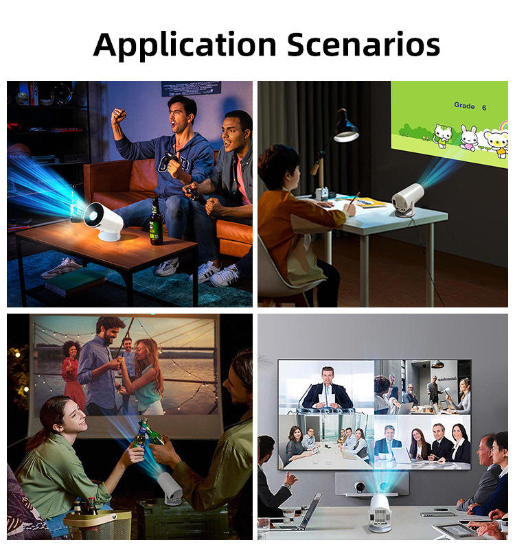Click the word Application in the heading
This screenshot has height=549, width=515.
click(185, 45)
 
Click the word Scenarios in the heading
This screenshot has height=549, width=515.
click(363, 44)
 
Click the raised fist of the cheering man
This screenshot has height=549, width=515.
click(118, 116)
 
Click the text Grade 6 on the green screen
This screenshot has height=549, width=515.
click(470, 106)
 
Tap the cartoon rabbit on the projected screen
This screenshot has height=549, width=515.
click(468, 138)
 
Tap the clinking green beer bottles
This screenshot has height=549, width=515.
click(146, 434)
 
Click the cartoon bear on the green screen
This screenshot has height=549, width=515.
click(495, 142)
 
